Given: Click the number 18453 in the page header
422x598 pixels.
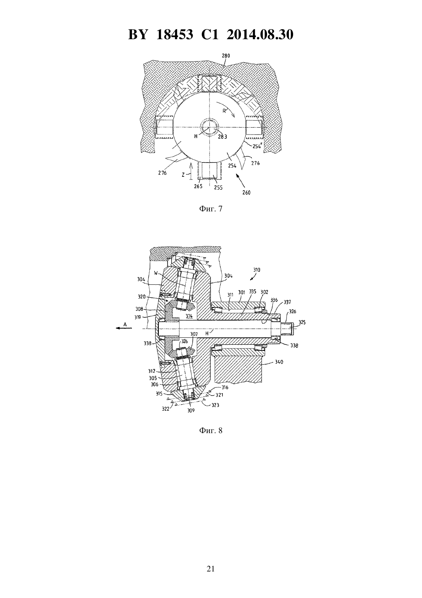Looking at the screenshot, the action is [x=175, y=35].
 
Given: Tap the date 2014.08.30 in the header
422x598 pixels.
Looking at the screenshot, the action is [x=260, y=35].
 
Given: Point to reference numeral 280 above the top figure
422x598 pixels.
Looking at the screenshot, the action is [x=226, y=56].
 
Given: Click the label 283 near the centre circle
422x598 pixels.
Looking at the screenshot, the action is [x=223, y=137].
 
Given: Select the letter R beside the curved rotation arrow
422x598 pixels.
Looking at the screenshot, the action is [x=224, y=111].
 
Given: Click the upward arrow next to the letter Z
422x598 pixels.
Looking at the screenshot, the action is [x=191, y=170].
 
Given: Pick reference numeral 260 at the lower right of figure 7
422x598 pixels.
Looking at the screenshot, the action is [x=246, y=193].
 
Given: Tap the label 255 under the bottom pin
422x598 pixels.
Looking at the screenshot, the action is [x=218, y=188].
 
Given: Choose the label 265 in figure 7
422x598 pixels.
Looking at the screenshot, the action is [x=198, y=186].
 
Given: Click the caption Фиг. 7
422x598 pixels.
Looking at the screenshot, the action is [x=211, y=209].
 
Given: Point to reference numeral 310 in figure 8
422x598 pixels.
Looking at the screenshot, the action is [x=257, y=270].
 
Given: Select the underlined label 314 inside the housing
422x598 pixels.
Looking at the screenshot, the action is [x=189, y=316].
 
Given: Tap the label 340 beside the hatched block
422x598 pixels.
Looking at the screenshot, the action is [x=279, y=362].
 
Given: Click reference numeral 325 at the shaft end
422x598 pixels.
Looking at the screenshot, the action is [x=302, y=322].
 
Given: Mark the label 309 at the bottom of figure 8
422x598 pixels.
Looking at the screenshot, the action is [x=191, y=410].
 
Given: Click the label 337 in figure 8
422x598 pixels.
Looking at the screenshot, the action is [x=287, y=302].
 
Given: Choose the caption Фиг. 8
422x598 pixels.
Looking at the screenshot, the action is [x=211, y=430].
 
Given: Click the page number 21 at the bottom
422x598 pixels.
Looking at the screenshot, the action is [x=211, y=569].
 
